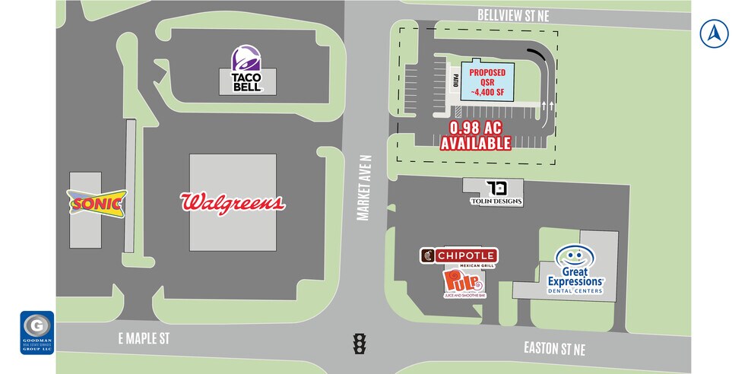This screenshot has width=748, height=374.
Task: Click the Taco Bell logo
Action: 247,69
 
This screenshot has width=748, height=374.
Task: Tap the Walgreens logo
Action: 233,202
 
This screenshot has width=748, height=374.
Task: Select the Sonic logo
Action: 97,204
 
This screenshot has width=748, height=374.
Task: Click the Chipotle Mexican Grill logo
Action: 458,257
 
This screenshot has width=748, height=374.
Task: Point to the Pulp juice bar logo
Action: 462,284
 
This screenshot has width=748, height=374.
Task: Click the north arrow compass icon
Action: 715,33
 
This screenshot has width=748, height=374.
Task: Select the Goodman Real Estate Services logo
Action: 37,332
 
